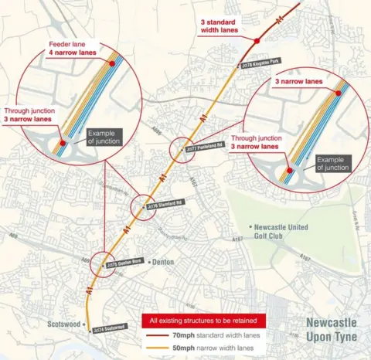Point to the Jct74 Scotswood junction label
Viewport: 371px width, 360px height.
(x=108, y=329)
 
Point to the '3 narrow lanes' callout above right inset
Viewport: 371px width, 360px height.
(x=298, y=80)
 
